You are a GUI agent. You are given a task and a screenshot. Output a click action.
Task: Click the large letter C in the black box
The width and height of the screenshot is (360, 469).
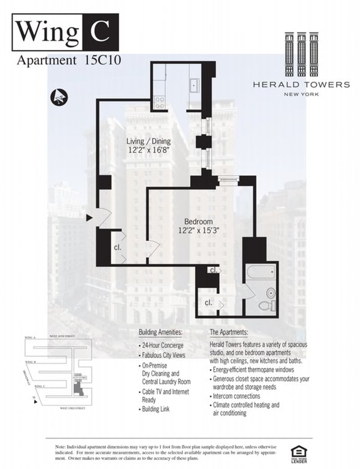point(101,31)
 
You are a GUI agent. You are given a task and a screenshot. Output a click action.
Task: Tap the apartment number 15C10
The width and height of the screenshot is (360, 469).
point(102,60)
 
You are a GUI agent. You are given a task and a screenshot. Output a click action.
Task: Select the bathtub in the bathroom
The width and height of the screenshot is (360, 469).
point(261,272)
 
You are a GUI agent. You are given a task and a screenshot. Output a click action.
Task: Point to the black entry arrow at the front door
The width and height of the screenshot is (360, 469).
point(89,218)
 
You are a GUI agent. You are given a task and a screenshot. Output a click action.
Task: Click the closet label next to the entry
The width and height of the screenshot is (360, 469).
point(117,247)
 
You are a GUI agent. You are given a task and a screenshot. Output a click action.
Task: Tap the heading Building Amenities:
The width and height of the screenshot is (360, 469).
point(160,333)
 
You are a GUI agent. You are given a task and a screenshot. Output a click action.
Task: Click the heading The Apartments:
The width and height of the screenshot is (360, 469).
point(229,333)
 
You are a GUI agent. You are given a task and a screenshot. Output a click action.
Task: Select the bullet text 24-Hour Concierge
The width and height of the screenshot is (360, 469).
point(163,346)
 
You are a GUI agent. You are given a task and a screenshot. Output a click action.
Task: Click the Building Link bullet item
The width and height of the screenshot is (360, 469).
point(156,410)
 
